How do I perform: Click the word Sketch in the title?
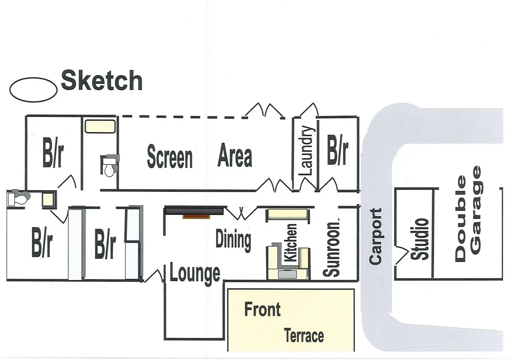point(102,81)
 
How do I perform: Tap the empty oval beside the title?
point(33,89)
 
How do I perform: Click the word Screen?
point(170,157)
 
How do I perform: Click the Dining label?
point(233,240)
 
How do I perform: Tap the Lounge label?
point(195,273)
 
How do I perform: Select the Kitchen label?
point(290,243)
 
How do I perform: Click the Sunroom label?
point(332,247)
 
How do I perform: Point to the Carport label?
point(375,237)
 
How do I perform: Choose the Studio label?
point(420,239)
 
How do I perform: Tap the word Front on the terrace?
point(262,309)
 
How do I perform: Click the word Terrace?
point(304,336)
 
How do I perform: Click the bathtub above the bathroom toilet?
point(100,126)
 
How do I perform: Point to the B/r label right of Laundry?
point(337,151)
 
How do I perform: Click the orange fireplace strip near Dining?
point(196,217)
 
